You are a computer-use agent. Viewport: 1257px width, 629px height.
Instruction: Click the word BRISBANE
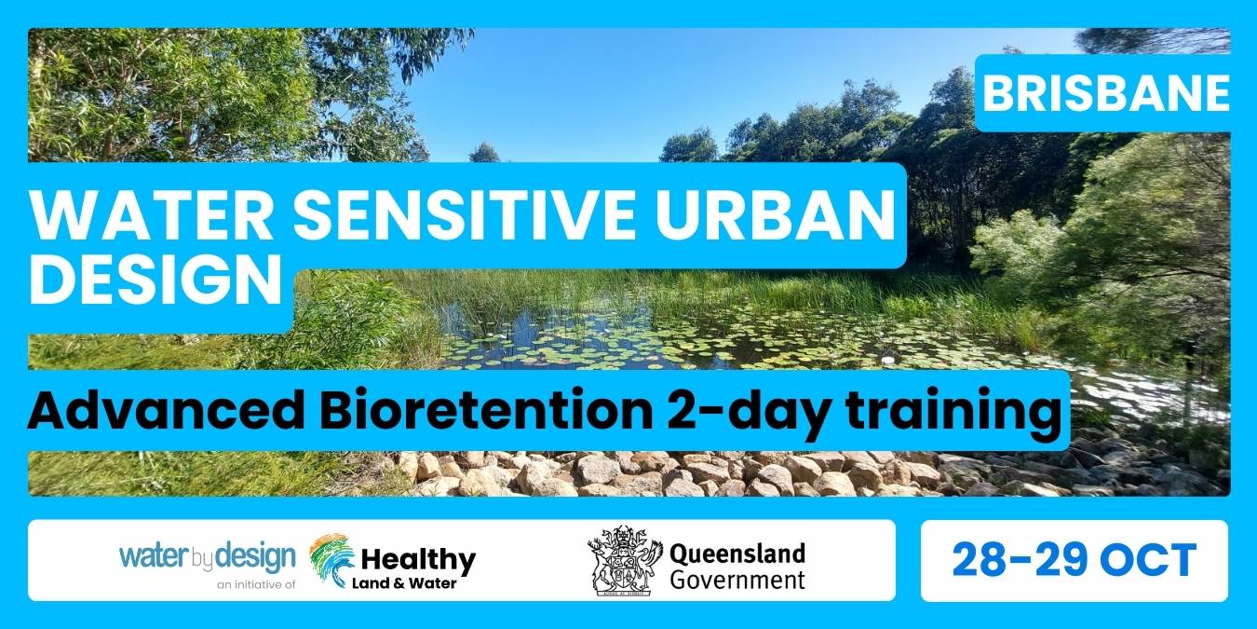tap(1106, 93)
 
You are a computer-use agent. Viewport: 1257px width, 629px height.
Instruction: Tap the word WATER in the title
tap(151, 216)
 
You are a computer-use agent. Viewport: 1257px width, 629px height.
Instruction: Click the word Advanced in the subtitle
tap(166, 411)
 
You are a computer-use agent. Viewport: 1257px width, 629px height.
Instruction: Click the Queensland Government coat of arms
tap(625, 560)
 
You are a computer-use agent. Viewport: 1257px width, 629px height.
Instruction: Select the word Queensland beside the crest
tap(737, 554)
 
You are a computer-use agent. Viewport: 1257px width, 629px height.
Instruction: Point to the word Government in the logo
tap(737, 580)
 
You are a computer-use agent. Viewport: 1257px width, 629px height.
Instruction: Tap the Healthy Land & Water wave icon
tap(332, 560)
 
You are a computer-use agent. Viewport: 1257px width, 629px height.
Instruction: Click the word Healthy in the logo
tap(419, 559)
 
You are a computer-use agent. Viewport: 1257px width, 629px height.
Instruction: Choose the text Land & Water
tap(404, 583)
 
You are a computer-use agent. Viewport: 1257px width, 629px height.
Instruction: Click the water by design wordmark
tap(207, 557)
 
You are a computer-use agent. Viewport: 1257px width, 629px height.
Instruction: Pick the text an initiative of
tap(256, 584)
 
